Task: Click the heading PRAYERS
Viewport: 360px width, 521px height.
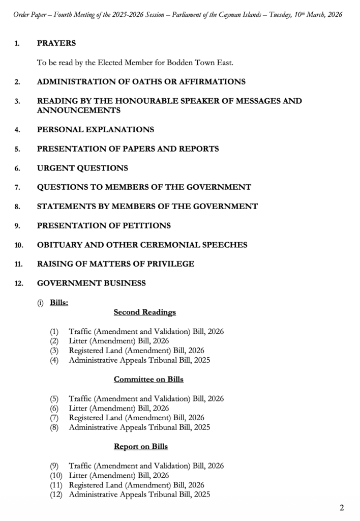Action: (x=56, y=43)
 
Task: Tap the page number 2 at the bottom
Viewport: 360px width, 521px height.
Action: (x=342, y=507)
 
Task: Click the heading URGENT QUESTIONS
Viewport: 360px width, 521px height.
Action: (x=82, y=168)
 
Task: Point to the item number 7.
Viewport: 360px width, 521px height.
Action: (x=17, y=187)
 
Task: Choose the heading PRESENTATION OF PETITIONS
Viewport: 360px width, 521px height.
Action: (x=104, y=225)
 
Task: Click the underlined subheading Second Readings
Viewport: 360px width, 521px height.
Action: (x=145, y=312)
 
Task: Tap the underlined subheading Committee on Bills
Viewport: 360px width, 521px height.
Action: (x=148, y=379)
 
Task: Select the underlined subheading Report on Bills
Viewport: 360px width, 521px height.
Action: (x=141, y=447)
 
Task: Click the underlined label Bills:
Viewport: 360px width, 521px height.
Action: (x=59, y=303)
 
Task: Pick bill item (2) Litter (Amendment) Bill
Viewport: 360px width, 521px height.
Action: (x=118, y=341)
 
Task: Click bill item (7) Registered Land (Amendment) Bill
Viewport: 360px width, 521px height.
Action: (x=136, y=418)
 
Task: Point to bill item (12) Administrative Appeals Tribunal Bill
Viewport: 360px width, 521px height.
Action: (x=139, y=494)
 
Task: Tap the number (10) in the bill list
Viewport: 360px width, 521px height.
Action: (x=56, y=475)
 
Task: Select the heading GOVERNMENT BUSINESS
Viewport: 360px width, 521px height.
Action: (x=92, y=283)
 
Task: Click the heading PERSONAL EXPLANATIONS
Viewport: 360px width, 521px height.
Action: (x=96, y=130)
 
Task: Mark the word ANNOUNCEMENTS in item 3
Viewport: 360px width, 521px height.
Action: (x=79, y=110)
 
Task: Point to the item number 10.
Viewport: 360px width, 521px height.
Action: (x=19, y=245)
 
